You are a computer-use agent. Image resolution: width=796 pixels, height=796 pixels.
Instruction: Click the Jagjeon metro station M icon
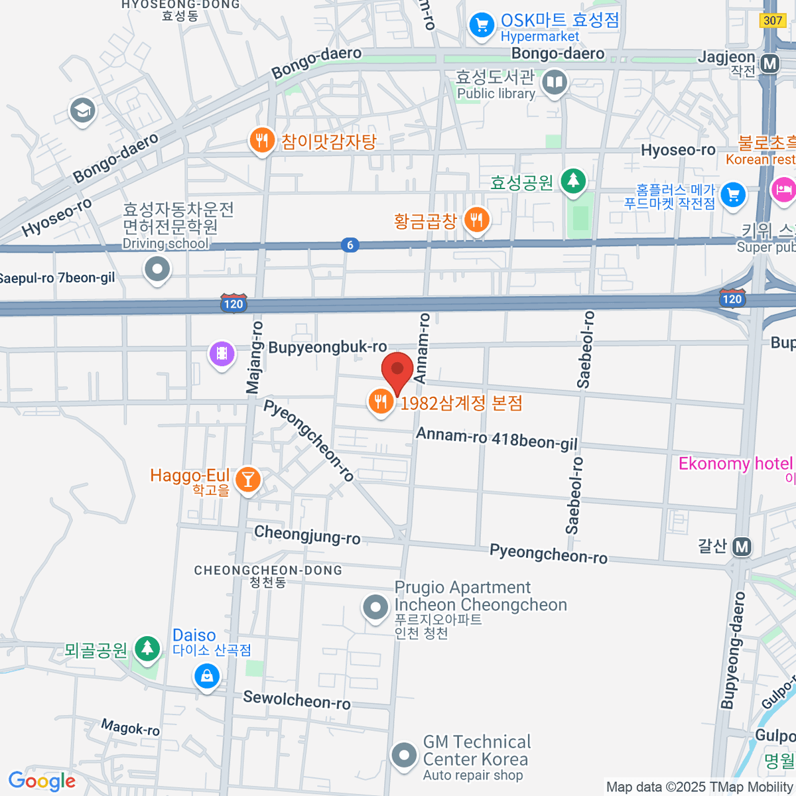click(x=769, y=64)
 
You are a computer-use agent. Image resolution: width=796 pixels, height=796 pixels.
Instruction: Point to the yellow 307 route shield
click(x=773, y=21)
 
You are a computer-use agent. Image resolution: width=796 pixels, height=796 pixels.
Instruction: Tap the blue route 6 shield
click(x=350, y=245)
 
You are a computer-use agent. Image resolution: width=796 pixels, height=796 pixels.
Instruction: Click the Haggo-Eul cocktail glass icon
click(x=248, y=479)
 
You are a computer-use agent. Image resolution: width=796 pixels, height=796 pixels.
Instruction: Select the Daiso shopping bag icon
click(x=207, y=677)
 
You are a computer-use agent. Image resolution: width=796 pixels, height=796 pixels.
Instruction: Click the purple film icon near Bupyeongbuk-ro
click(x=222, y=354)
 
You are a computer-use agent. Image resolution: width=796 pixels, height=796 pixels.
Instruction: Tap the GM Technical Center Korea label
click(x=477, y=750)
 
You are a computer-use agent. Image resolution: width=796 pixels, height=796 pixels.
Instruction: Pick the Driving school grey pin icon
click(x=157, y=269)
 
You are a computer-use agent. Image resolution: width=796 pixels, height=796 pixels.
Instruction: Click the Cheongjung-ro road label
click(x=307, y=535)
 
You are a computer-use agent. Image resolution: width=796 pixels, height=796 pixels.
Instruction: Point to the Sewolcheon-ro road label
click(x=297, y=699)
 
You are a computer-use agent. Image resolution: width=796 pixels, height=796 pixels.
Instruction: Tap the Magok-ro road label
click(x=131, y=728)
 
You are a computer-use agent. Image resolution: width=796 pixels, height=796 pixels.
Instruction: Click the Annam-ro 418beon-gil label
click(x=497, y=439)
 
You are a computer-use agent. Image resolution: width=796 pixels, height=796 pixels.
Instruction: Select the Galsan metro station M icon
click(x=742, y=547)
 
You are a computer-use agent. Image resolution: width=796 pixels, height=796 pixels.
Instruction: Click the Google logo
click(x=42, y=781)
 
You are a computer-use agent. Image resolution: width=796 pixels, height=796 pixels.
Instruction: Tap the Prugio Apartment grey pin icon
click(x=375, y=606)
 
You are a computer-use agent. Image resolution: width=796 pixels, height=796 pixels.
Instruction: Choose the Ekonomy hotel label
click(x=735, y=463)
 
